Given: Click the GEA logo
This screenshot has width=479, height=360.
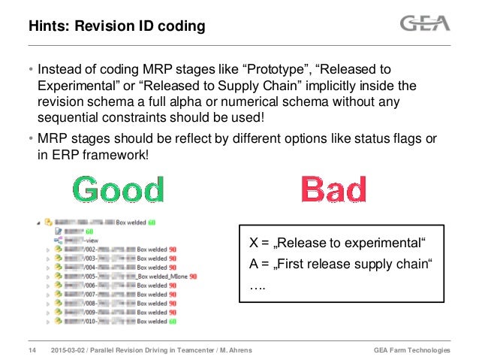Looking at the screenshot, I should pyautogui.click(x=425, y=24).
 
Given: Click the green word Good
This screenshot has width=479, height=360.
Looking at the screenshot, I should pyautogui.click(x=120, y=191).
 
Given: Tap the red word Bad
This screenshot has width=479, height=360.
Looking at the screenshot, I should pyautogui.click(x=333, y=189).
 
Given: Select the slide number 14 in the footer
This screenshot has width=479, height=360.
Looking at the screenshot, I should pyautogui.click(x=32, y=351).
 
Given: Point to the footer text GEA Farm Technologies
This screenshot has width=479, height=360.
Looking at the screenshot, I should pyautogui.click(x=411, y=351).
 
